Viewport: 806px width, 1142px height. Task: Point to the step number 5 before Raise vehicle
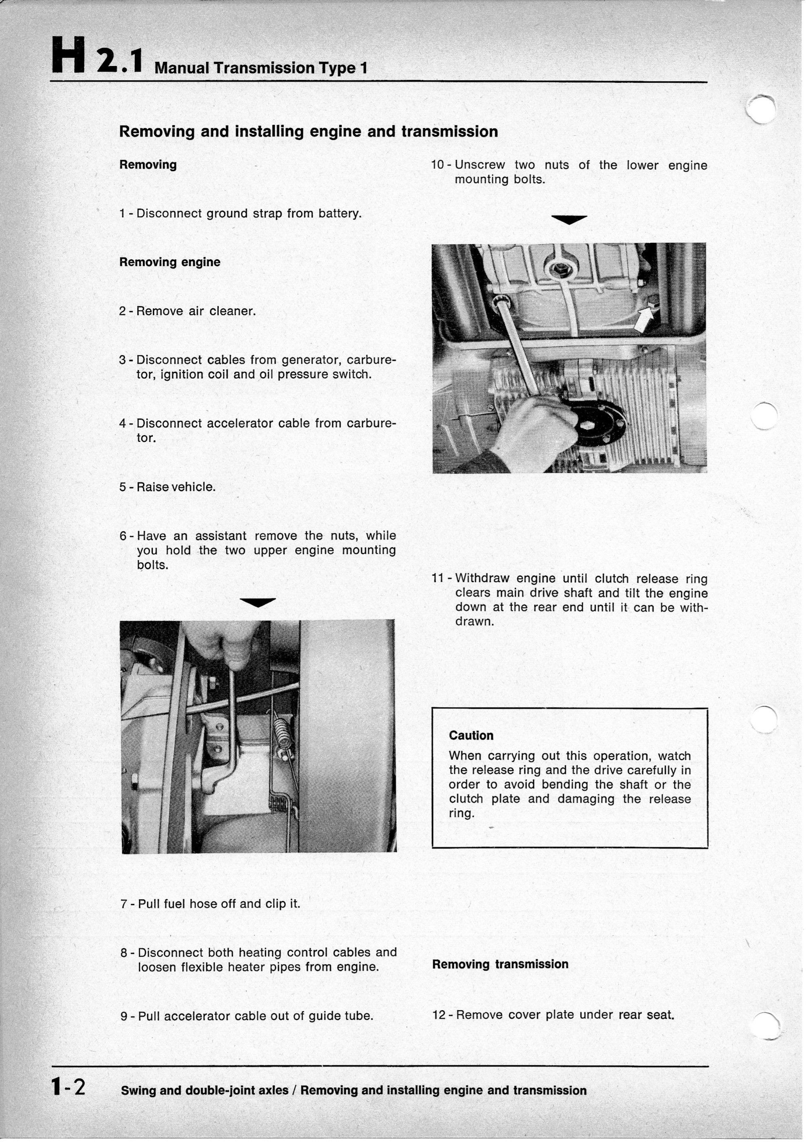123,487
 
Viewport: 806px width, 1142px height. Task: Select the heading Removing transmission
500,964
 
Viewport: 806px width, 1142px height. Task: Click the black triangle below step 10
569,219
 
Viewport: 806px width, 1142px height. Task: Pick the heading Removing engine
170,262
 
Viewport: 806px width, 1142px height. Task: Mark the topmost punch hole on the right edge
763,108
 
